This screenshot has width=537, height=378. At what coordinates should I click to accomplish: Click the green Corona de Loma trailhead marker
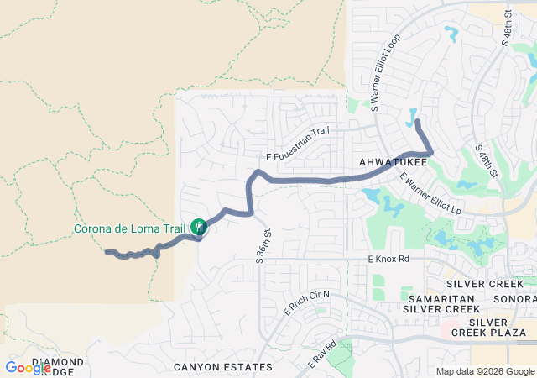[198, 227]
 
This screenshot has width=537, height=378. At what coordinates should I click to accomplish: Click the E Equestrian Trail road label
[298, 144]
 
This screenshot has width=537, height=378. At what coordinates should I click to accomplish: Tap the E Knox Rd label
[388, 260]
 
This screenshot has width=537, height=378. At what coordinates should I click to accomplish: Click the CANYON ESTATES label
[223, 367]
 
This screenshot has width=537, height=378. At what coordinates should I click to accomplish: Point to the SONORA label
[516, 299]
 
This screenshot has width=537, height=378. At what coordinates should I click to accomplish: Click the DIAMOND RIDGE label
[57, 367]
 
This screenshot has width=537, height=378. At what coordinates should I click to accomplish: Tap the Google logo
[27, 368]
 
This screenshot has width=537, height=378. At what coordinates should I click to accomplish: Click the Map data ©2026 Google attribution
[485, 372]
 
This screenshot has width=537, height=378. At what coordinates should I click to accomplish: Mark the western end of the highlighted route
[107, 251]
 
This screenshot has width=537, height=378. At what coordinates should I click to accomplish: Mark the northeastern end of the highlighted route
[418, 123]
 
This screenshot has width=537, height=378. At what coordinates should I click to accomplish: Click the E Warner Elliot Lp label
[430, 193]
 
